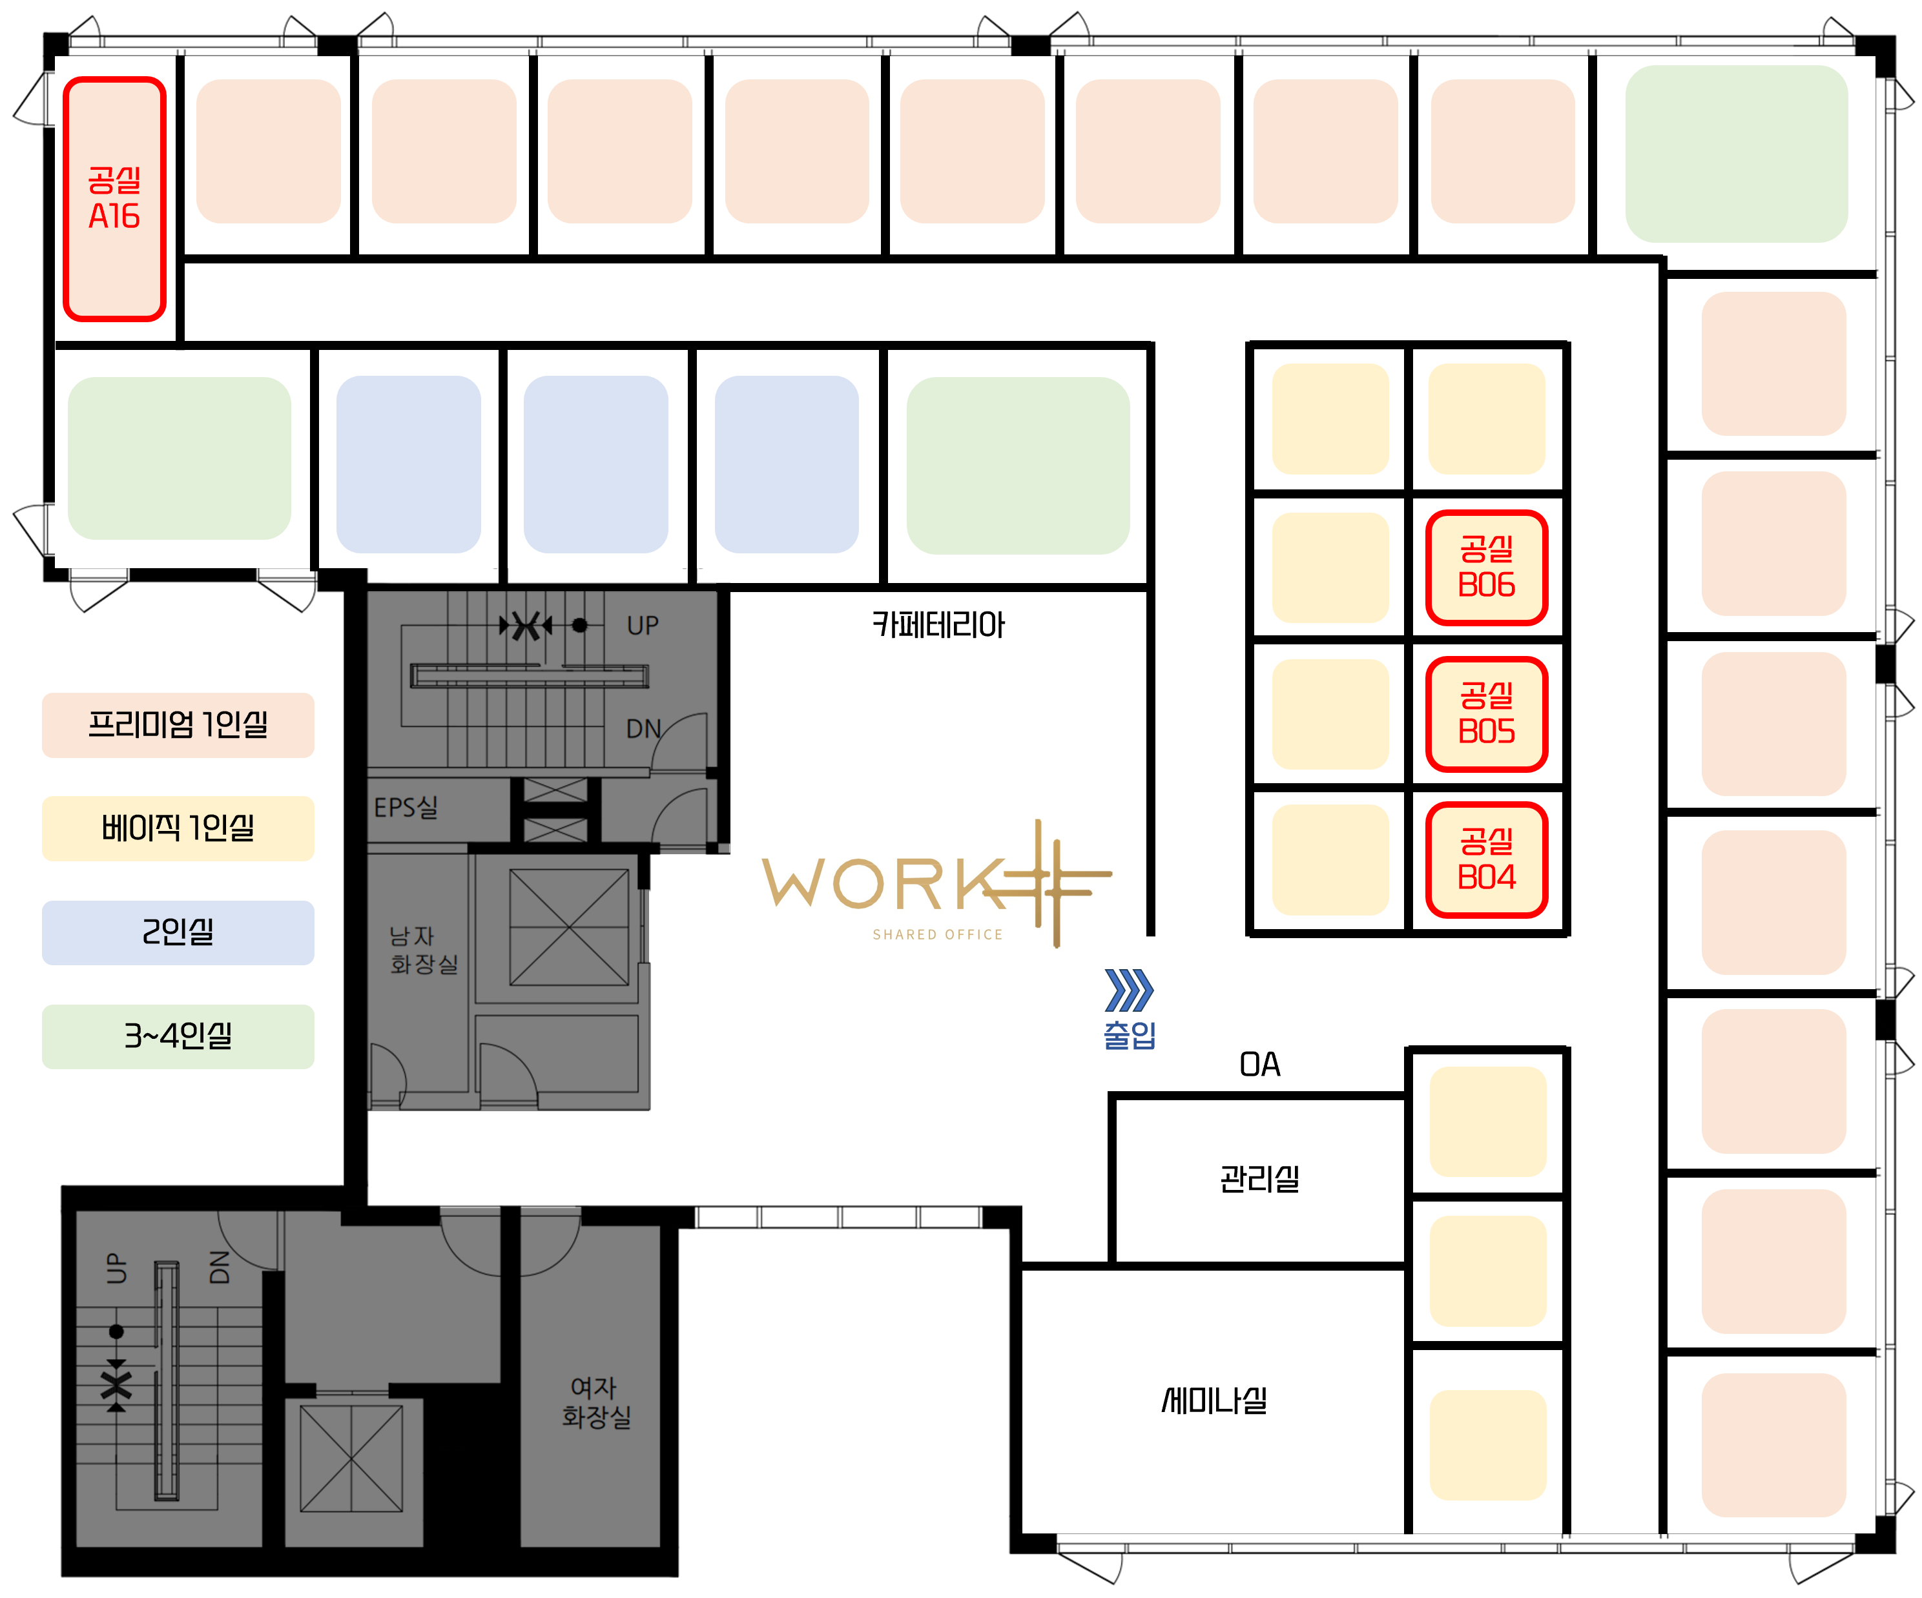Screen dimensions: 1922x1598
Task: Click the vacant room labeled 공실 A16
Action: point(114,199)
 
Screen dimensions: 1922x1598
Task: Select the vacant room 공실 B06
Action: point(1485,568)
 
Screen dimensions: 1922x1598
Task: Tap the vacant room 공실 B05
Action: point(1485,714)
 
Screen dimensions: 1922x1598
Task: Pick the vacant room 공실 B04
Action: point(1485,859)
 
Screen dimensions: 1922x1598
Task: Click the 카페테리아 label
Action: point(938,625)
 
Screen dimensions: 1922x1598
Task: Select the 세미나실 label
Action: point(1215,1400)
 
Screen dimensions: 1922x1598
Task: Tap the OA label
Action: point(1259,1065)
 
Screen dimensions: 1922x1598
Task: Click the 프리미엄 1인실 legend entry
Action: point(178,725)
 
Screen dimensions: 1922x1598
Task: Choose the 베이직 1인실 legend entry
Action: point(178,828)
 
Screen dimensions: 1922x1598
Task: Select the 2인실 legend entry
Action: point(178,932)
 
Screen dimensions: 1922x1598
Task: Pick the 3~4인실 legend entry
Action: point(178,1036)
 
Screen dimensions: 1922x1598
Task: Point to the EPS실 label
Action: point(406,807)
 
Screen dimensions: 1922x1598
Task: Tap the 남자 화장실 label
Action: point(424,950)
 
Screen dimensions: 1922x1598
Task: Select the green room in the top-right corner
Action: point(1736,153)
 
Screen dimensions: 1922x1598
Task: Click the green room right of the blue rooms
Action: point(1018,465)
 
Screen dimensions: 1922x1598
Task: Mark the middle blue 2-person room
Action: point(596,464)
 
